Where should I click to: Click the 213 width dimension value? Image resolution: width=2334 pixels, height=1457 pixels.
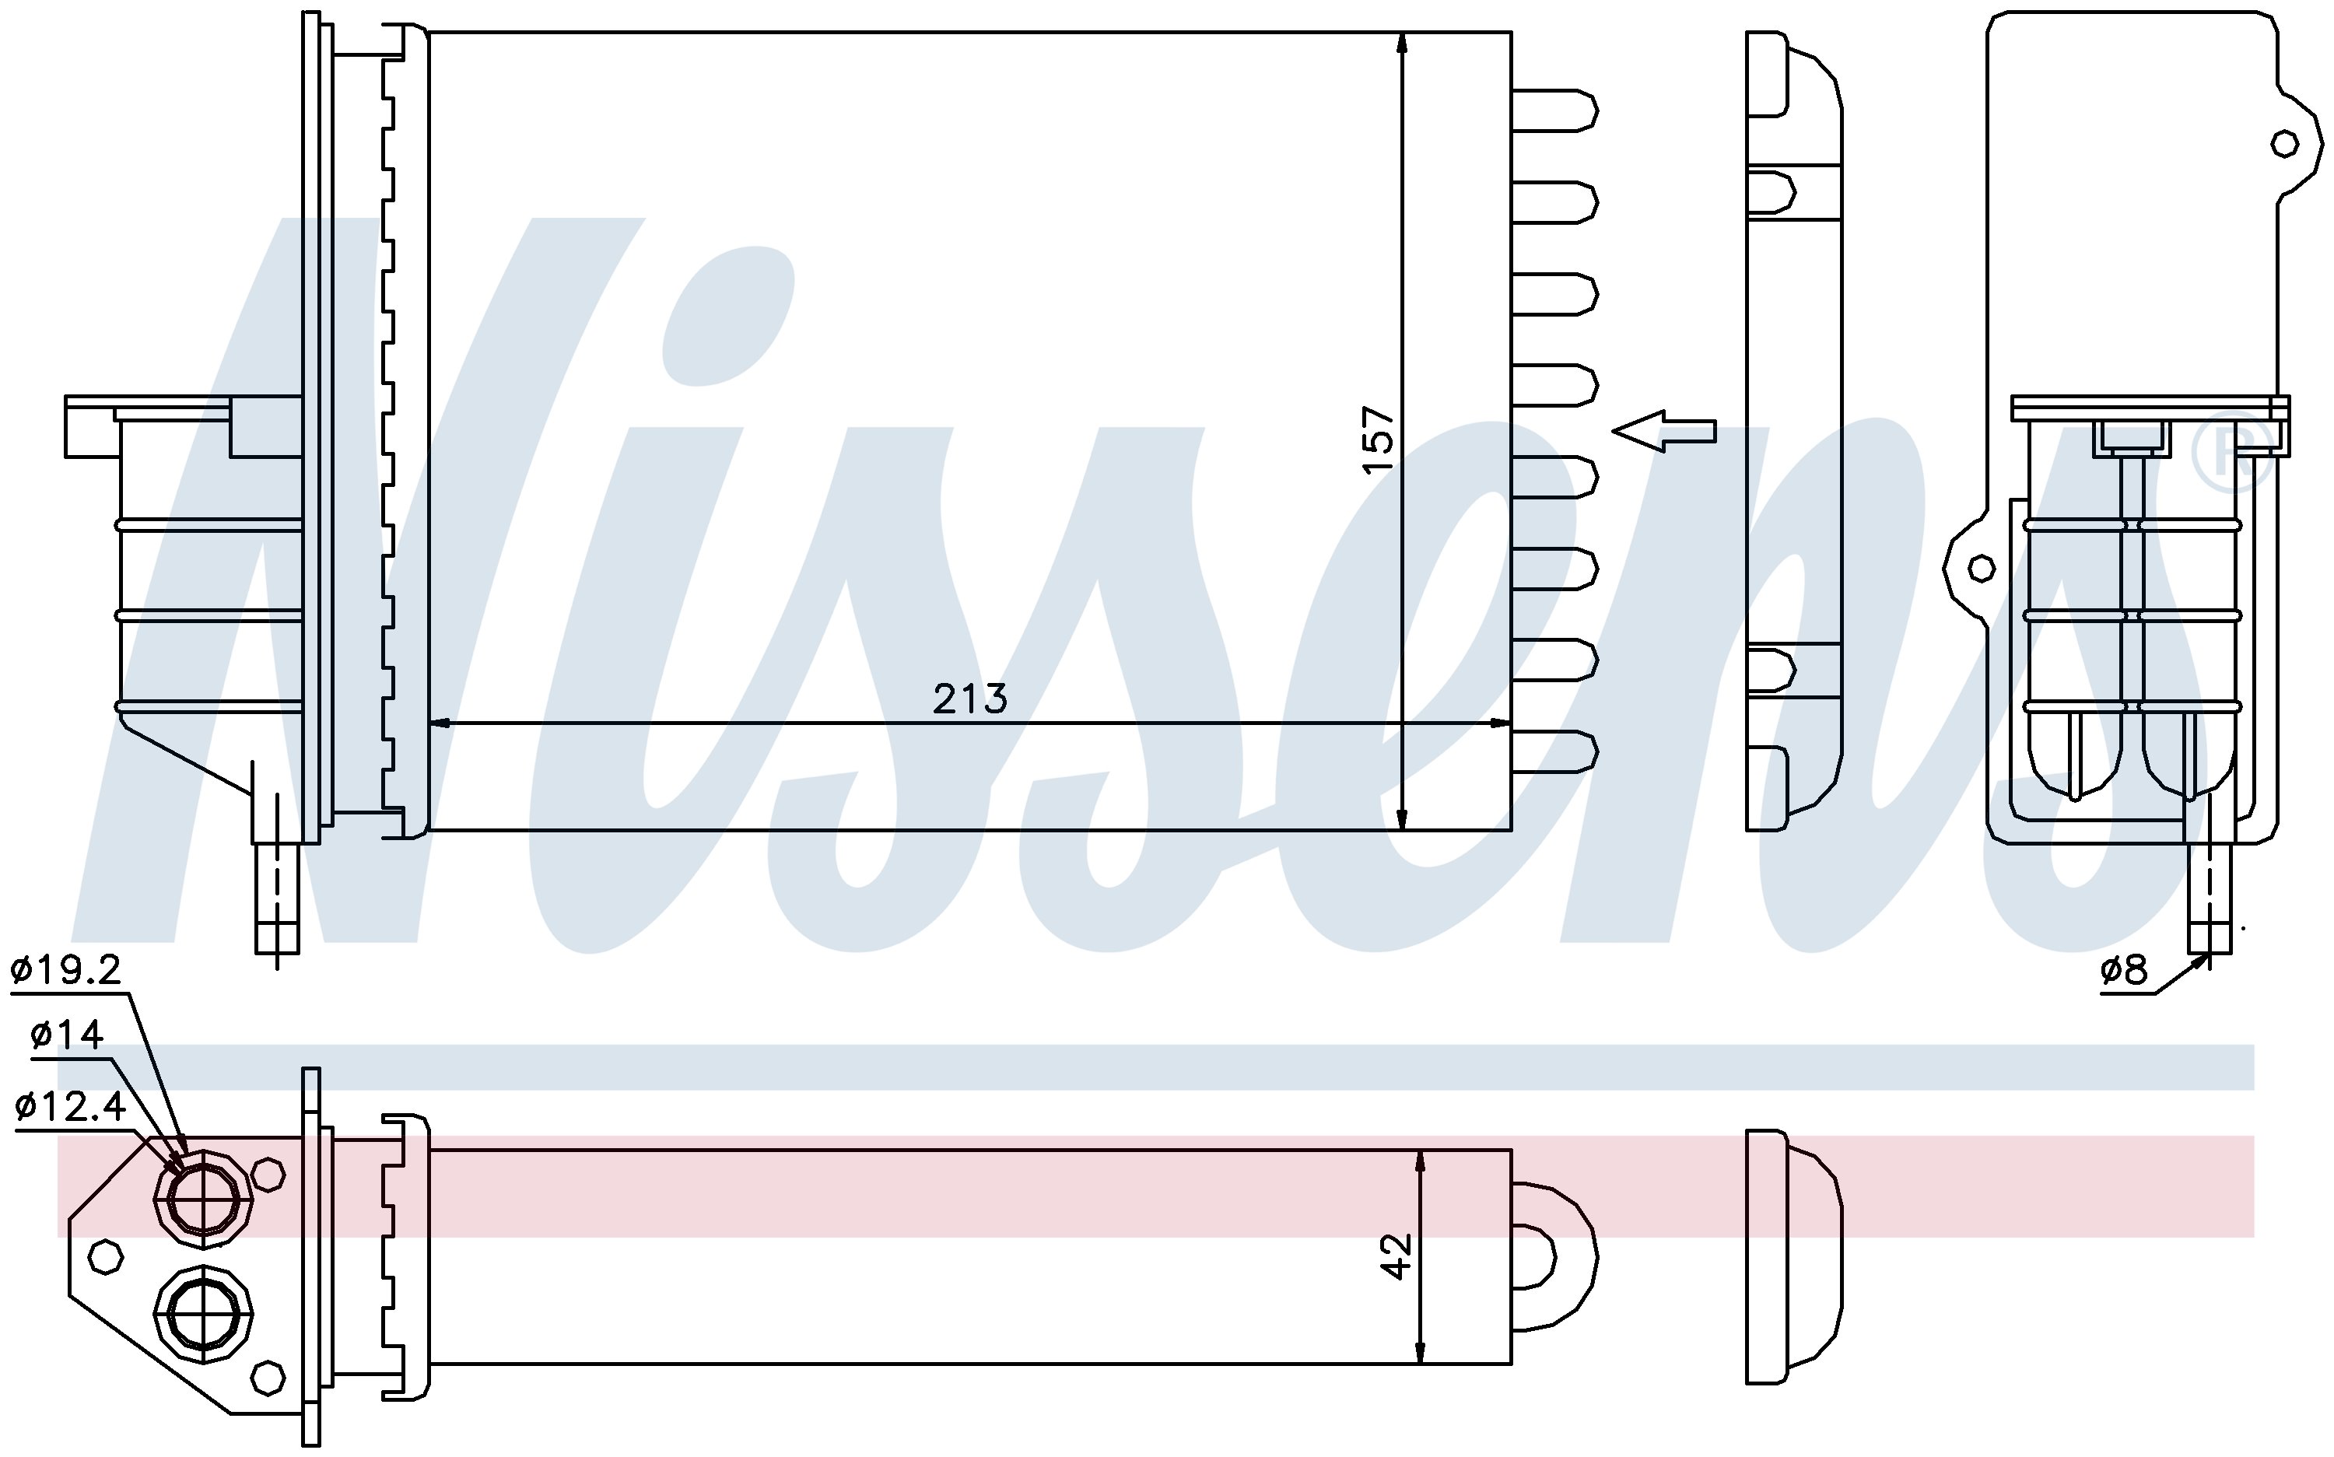(969, 699)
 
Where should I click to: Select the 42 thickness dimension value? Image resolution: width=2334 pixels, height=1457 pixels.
(1397, 1256)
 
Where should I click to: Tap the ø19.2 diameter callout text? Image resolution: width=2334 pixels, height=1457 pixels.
(66, 970)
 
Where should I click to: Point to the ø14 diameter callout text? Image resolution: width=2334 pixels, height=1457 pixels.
(66, 1035)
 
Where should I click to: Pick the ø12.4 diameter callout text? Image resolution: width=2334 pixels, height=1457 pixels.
(70, 1106)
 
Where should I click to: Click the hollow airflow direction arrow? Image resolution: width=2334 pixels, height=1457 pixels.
(1664, 431)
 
